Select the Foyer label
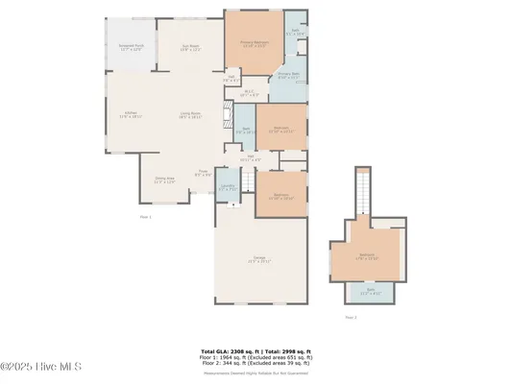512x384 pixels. [204, 174]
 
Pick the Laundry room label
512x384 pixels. [228, 189]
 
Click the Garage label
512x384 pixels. [259, 259]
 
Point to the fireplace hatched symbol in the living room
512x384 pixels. [227, 118]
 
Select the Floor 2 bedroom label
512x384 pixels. [367, 256]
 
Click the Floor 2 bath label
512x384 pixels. [369, 293]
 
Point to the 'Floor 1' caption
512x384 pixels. [146, 218]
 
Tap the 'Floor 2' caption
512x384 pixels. [351, 317]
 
